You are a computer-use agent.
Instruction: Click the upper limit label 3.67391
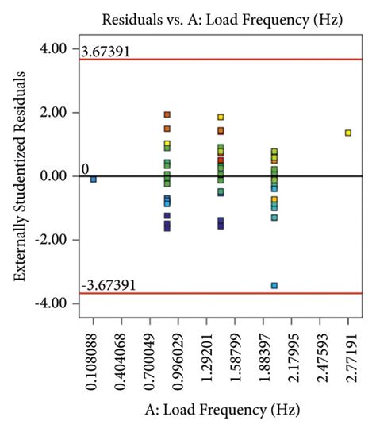106,52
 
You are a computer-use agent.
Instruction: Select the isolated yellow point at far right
347,133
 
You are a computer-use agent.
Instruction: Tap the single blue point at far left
94,179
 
